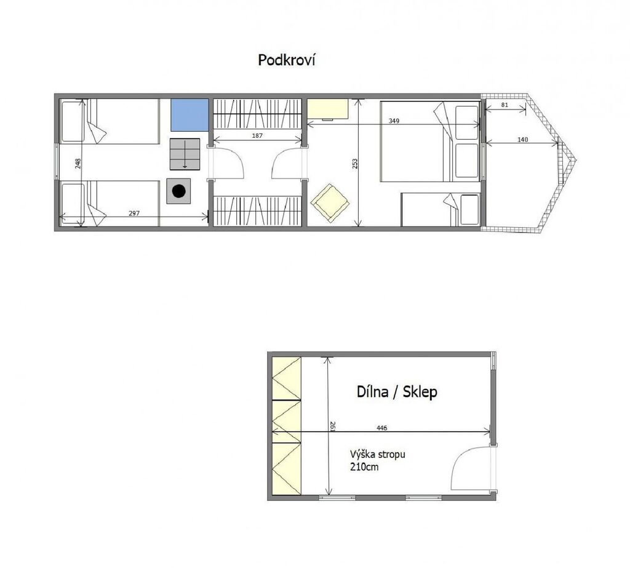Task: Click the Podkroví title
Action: [x=287, y=60]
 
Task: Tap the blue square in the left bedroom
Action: [x=189, y=115]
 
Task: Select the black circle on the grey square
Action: [x=179, y=191]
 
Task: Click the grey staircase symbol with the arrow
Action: [x=185, y=154]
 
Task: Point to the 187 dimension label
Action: [x=257, y=135]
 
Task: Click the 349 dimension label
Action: [x=394, y=121]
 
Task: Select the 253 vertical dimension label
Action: [x=355, y=164]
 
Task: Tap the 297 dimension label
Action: [x=134, y=214]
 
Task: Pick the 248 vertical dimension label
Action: [x=78, y=163]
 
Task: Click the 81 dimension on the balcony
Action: [x=505, y=105]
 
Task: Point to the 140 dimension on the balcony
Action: [x=523, y=140]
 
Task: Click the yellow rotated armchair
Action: [x=330, y=203]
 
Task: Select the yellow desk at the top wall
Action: [x=328, y=109]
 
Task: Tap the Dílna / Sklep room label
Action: [x=397, y=391]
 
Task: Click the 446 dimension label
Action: [x=381, y=428]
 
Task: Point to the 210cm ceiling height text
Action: [x=364, y=467]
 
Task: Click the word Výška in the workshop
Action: [x=363, y=454]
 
